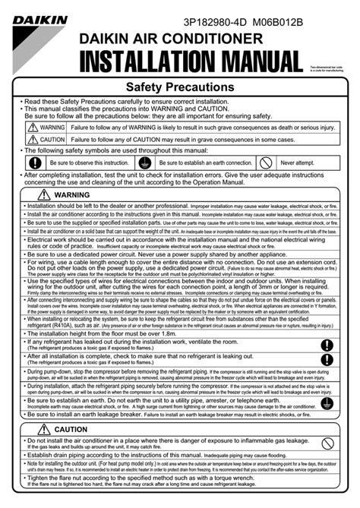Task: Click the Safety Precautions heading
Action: [x=179, y=88]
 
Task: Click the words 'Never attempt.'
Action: [x=298, y=162]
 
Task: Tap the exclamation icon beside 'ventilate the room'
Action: [x=327, y=346]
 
